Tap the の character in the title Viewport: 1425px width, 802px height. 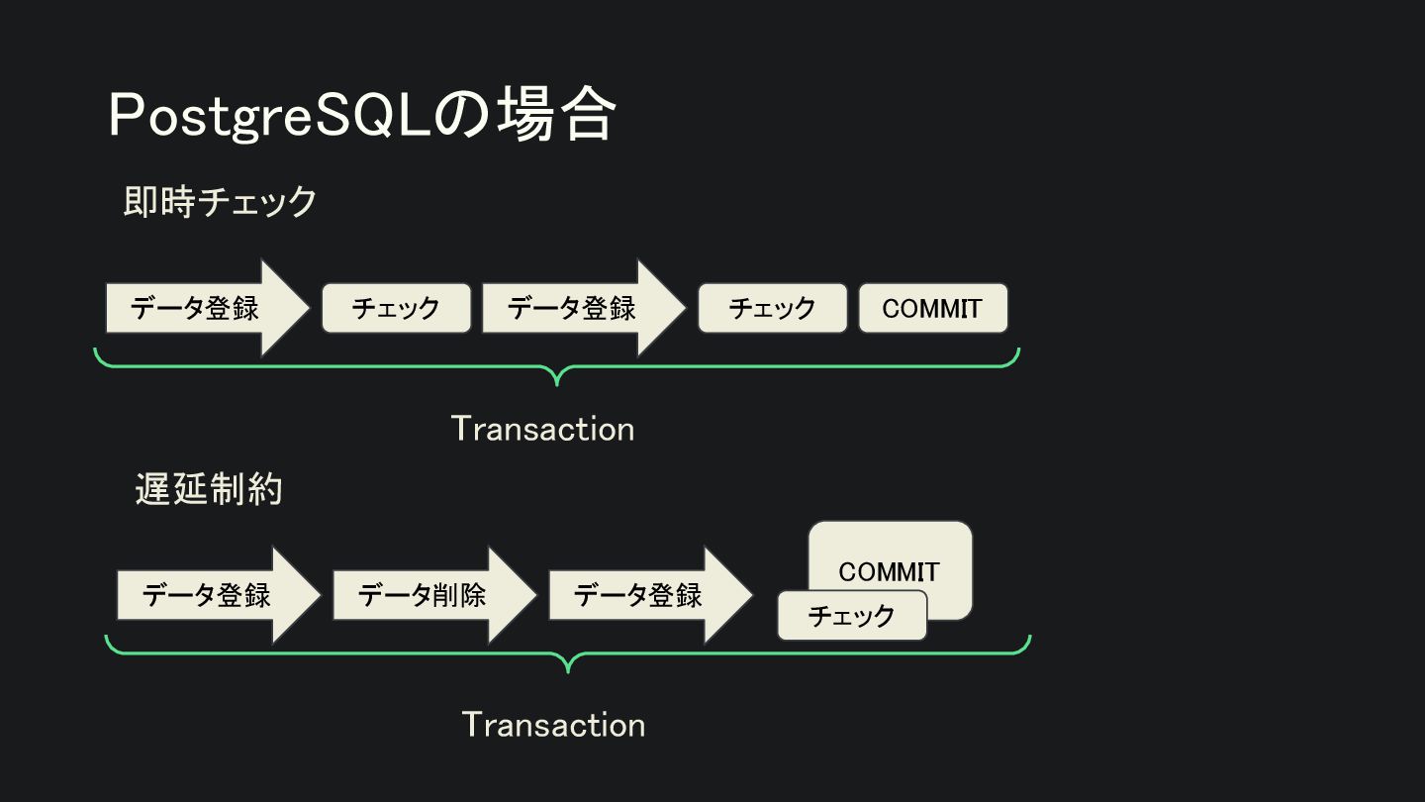coord(461,116)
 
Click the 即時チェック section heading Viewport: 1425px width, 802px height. coord(220,202)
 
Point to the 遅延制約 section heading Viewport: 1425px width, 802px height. coord(209,489)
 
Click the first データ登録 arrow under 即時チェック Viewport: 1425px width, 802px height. coord(198,308)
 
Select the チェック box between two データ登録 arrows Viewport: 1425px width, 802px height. coord(396,308)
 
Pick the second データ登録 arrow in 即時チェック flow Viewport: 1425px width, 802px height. coord(574,308)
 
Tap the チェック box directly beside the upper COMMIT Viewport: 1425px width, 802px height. coord(772,308)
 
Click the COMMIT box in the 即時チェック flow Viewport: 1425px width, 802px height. coord(932,308)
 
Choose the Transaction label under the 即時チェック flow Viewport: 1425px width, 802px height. coord(542,429)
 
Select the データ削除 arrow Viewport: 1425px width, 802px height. coord(426,595)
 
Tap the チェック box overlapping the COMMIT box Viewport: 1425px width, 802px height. coord(851,616)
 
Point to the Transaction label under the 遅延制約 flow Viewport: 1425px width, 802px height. coord(553,725)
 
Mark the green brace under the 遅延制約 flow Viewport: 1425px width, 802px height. coord(567,654)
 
